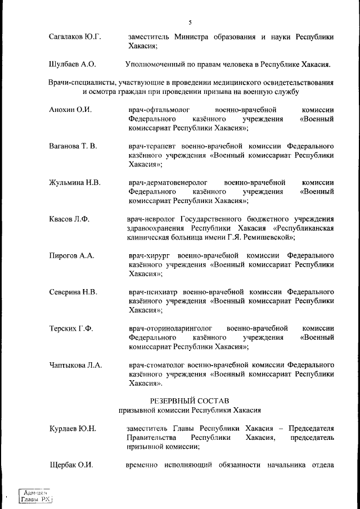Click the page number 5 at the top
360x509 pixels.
(190, 22)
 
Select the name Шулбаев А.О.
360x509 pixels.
(73, 64)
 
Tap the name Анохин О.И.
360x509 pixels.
(70, 110)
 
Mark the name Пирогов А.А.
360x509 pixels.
(71, 256)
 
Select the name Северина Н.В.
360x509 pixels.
(73, 292)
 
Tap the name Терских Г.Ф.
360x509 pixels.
(71, 328)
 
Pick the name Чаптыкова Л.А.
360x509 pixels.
(75, 365)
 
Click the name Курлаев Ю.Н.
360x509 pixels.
(73, 429)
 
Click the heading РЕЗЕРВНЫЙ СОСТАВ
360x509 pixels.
(190, 401)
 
